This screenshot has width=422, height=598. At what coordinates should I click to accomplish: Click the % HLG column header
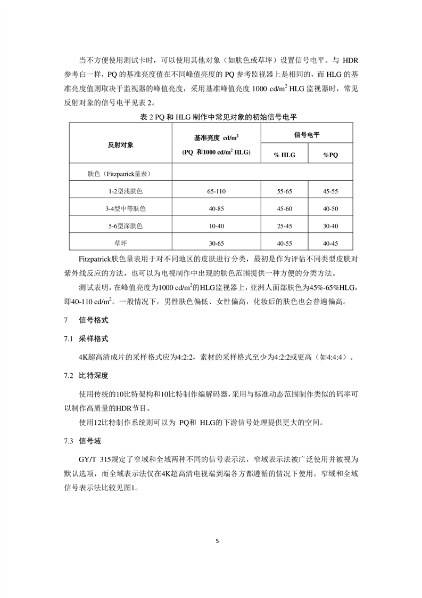(284, 155)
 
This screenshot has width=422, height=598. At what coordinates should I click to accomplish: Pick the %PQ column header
(330, 155)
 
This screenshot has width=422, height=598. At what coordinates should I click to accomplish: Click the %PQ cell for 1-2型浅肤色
(330, 191)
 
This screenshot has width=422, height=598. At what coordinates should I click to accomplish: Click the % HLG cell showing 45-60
(284, 208)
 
